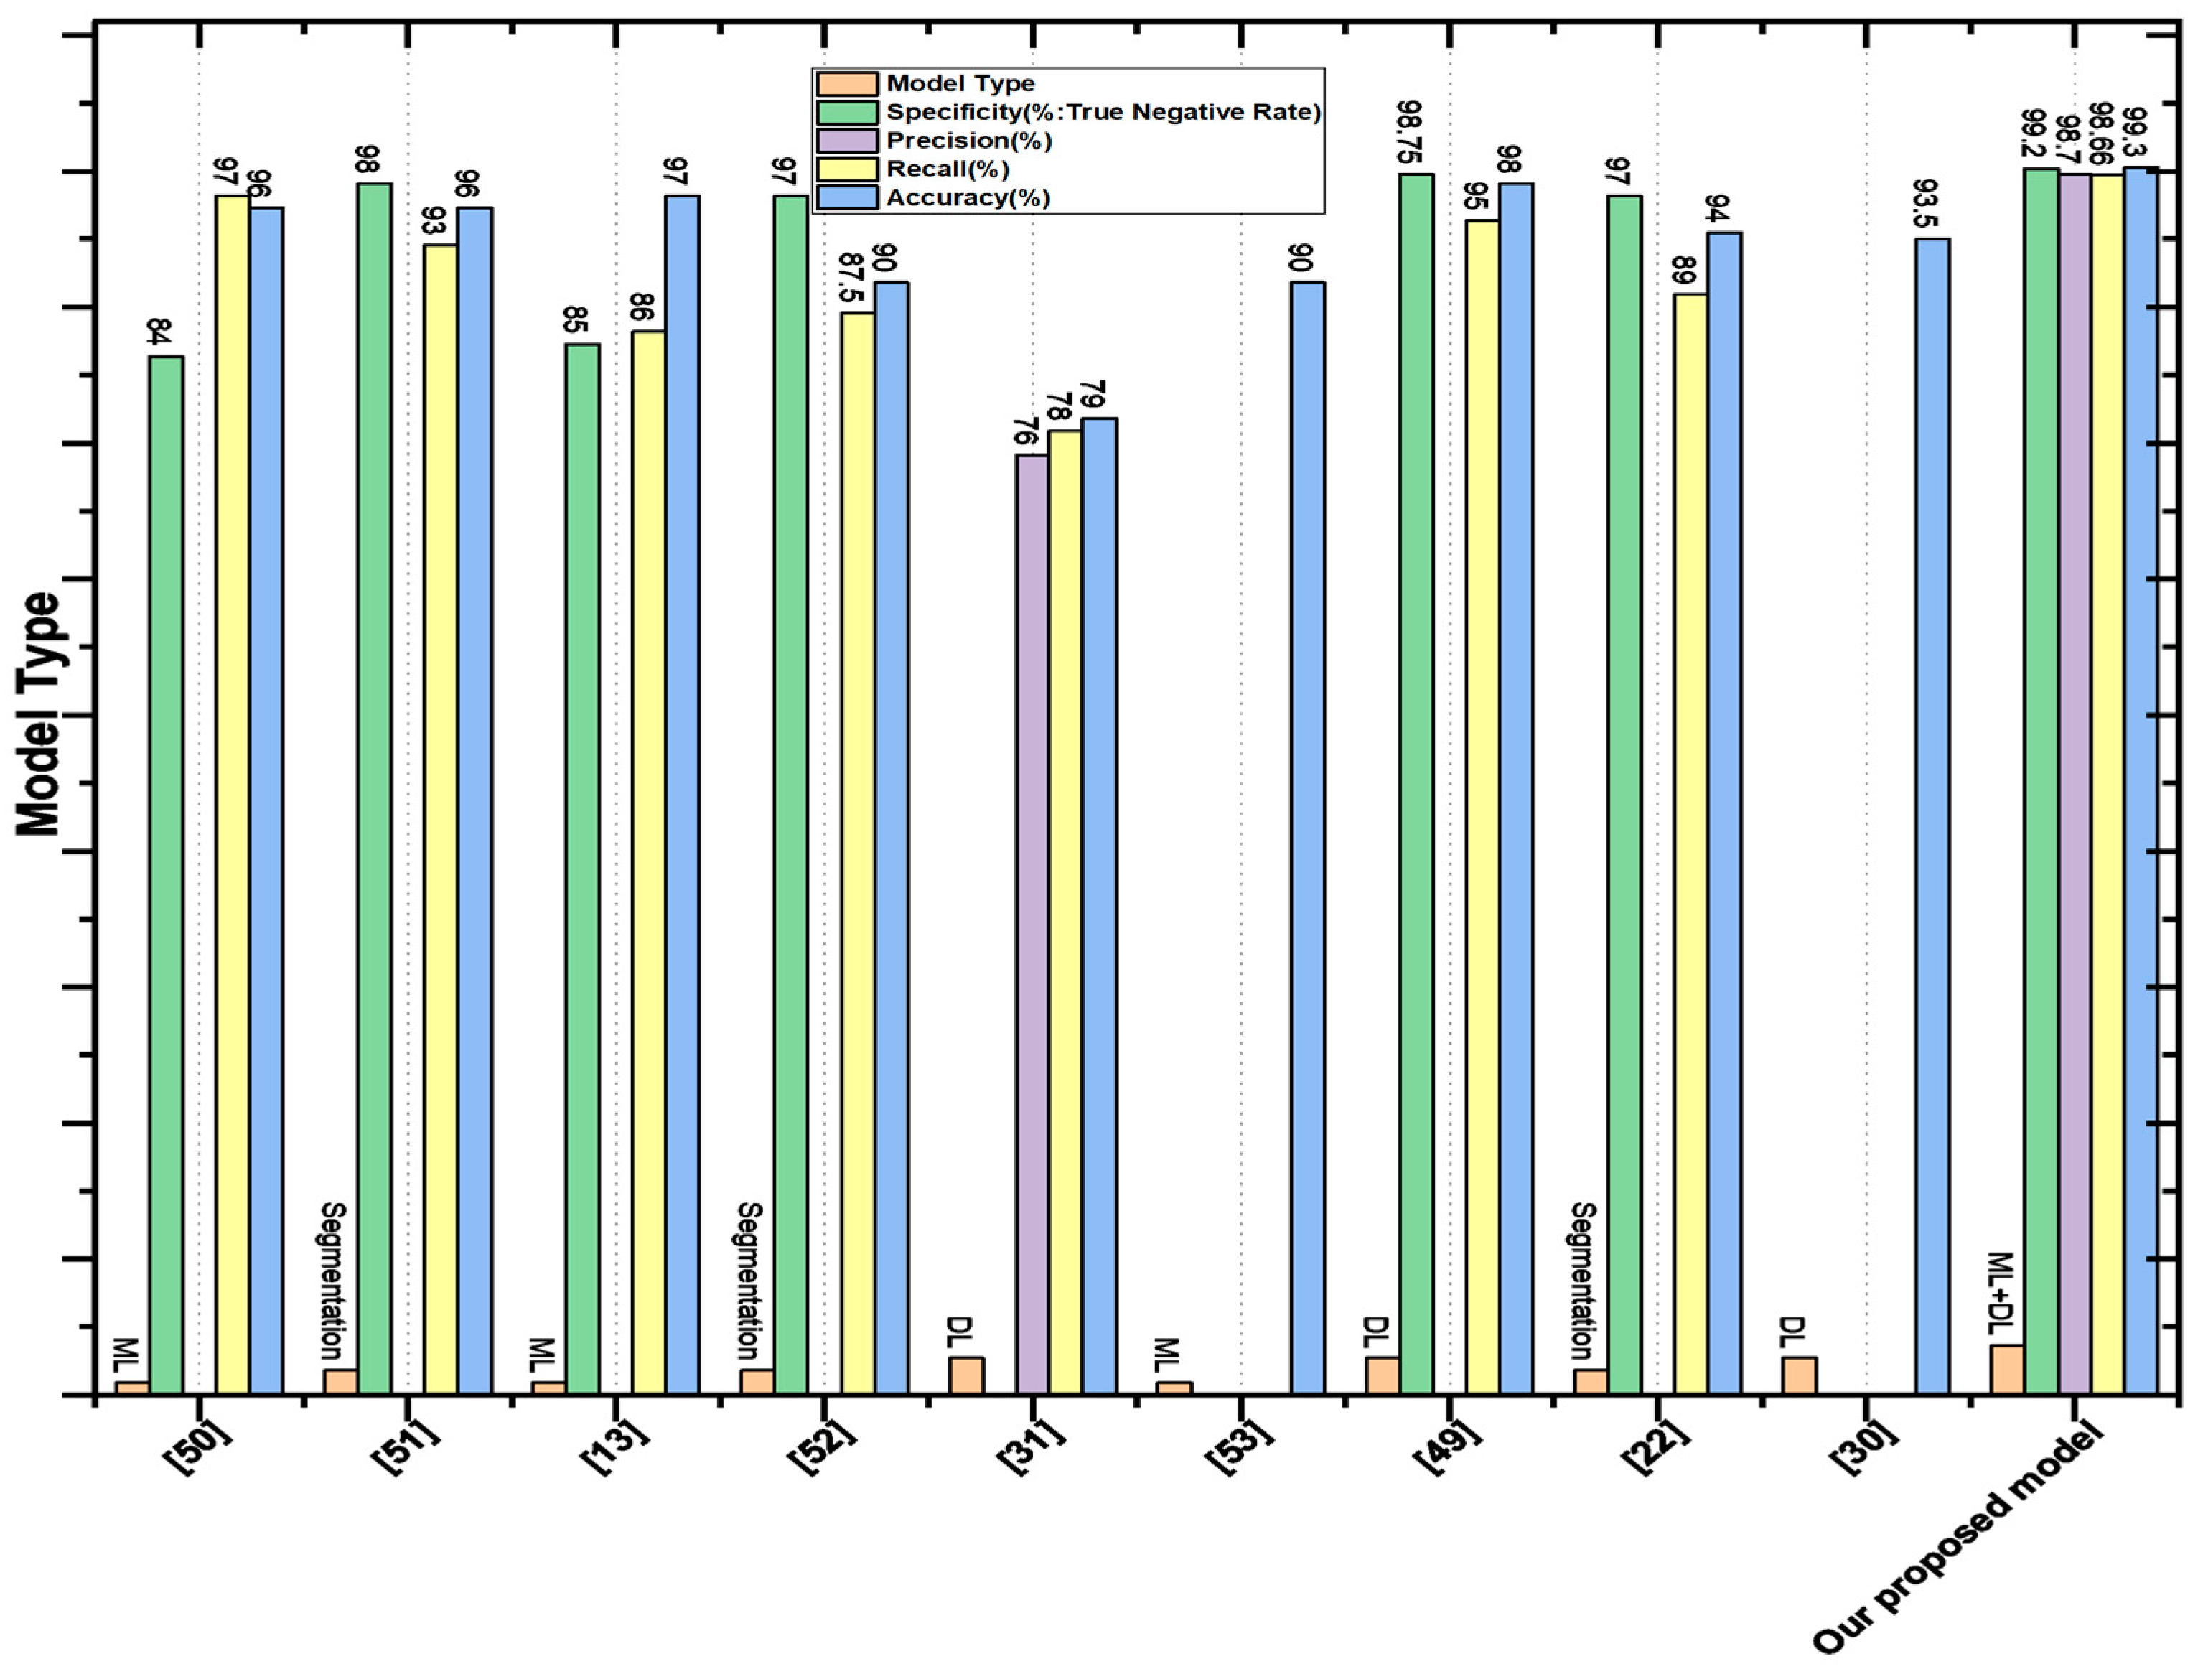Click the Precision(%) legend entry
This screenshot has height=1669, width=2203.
pos(968,141)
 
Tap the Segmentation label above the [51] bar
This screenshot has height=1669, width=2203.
pos(334,1281)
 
